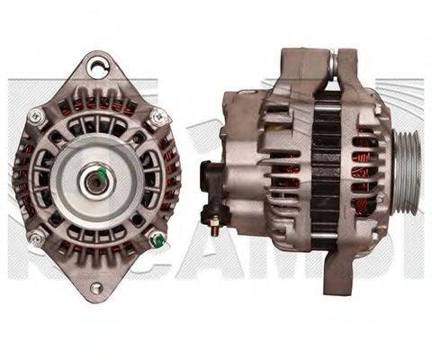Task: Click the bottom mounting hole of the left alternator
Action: point(95,287)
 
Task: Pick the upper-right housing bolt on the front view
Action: point(157,116)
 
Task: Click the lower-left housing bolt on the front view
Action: point(36,237)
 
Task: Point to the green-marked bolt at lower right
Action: point(157,239)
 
